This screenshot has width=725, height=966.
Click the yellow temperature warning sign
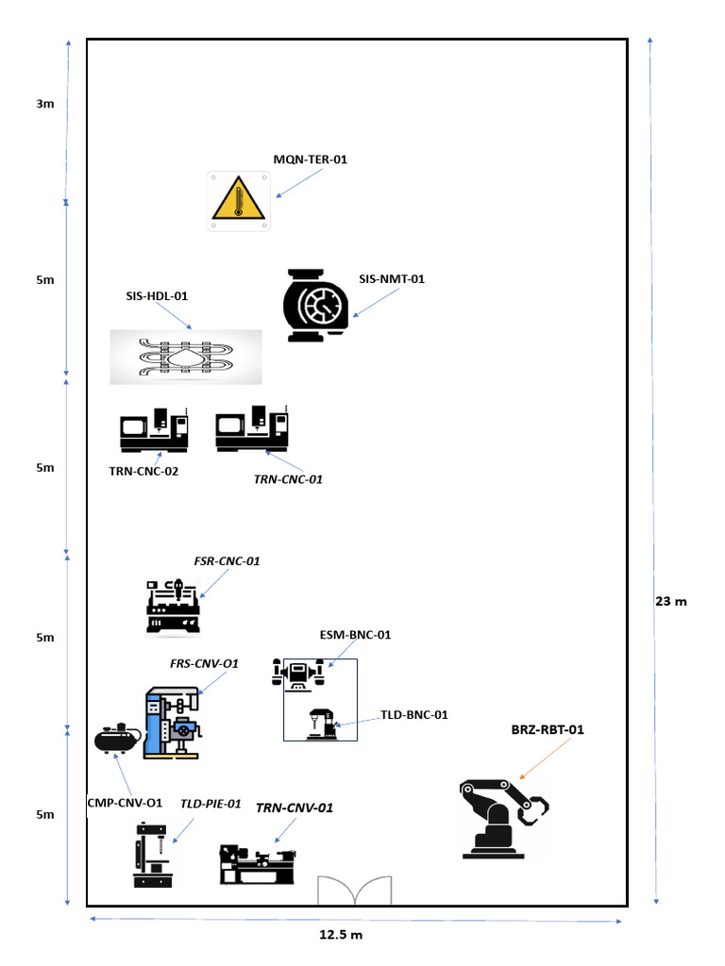tap(239, 201)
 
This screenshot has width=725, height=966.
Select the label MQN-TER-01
tap(311, 159)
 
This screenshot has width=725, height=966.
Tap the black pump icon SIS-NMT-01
tap(316, 305)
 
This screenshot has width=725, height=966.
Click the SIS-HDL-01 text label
tap(158, 295)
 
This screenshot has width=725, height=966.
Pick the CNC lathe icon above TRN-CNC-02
tap(154, 431)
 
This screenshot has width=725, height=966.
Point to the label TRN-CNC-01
tap(288, 479)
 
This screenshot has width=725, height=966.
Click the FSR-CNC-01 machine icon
tap(174, 607)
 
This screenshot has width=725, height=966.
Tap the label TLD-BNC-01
tap(413, 715)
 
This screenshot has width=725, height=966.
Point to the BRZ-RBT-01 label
tap(548, 729)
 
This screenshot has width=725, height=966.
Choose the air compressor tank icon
tap(117, 739)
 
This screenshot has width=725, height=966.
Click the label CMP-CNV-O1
tap(124, 804)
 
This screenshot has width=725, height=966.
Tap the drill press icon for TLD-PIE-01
tap(153, 855)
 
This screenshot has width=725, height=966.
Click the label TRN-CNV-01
tap(295, 808)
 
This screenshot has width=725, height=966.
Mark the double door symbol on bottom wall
tap(354, 891)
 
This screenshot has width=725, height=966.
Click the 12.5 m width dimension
tap(341, 935)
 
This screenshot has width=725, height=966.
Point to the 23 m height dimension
tap(670, 601)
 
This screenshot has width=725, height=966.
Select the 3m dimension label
tap(45, 104)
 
